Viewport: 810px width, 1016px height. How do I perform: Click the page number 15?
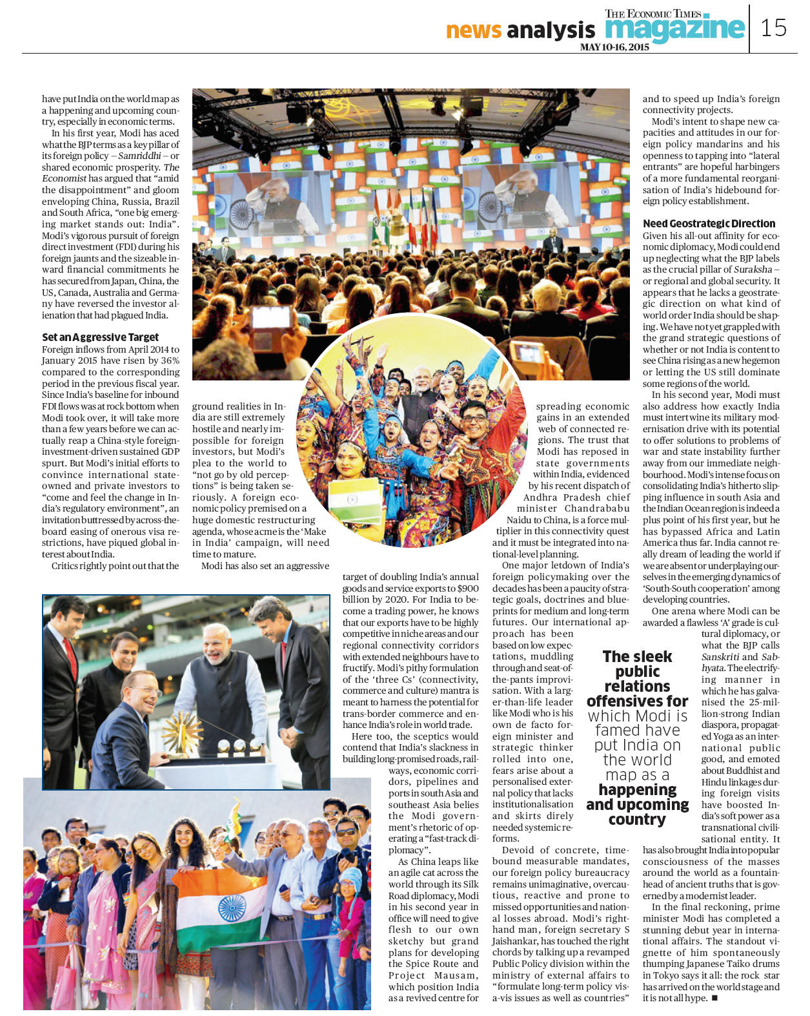click(x=773, y=28)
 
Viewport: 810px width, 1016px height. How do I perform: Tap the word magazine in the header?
click(x=674, y=29)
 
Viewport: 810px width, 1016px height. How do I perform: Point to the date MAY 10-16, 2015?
click(x=614, y=47)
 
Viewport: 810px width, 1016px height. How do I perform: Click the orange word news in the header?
click(x=473, y=30)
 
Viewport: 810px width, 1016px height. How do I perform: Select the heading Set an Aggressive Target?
click(x=100, y=337)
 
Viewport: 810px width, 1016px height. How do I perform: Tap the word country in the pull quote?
click(x=636, y=820)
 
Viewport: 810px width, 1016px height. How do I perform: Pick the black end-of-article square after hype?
click(x=714, y=998)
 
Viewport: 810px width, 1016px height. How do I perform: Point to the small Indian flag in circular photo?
click(x=354, y=499)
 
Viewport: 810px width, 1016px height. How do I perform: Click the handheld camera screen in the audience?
click(x=272, y=318)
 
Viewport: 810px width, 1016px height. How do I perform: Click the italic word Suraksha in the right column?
click(x=753, y=269)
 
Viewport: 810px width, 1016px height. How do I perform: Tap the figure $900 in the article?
click(x=466, y=588)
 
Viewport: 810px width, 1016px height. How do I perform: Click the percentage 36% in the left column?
click(x=170, y=360)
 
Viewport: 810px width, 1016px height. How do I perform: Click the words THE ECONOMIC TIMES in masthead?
click(x=653, y=14)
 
